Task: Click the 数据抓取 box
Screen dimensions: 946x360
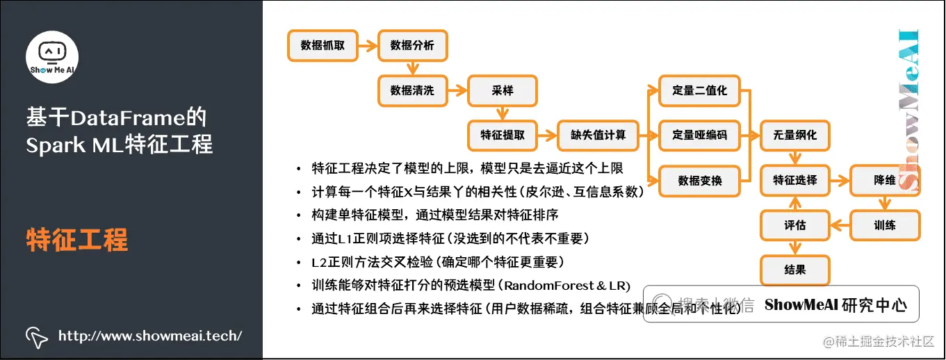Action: pyautogui.click(x=323, y=46)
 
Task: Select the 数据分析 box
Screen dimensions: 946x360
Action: pyautogui.click(x=412, y=46)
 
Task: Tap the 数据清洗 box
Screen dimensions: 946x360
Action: pyautogui.click(x=412, y=91)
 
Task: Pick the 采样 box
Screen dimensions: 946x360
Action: pyautogui.click(x=502, y=91)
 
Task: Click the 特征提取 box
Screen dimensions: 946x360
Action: pyautogui.click(x=502, y=136)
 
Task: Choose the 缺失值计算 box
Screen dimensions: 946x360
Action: pyautogui.click(x=592, y=136)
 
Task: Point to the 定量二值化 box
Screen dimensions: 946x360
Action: pyautogui.click(x=699, y=91)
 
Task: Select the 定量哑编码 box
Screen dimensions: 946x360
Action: pyautogui.click(x=699, y=136)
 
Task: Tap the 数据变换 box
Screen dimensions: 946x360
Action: pyautogui.click(x=699, y=181)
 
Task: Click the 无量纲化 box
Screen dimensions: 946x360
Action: pyautogui.click(x=795, y=136)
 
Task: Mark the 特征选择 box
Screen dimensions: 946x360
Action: pyautogui.click(x=795, y=181)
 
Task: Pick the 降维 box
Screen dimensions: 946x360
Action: pyautogui.click(x=885, y=181)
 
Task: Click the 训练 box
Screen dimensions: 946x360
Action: pyautogui.click(x=885, y=225)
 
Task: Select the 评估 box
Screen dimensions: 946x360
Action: pyautogui.click(x=795, y=225)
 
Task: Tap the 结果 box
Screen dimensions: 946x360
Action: pyautogui.click(x=795, y=270)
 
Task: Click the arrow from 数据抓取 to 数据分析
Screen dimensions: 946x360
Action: pyautogui.click(x=367, y=46)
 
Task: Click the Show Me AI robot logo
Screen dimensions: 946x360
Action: pyautogui.click(x=52, y=56)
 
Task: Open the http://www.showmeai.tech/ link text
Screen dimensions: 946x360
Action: pyautogui.click(x=150, y=336)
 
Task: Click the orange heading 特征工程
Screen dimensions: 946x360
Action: pyautogui.click(x=77, y=240)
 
